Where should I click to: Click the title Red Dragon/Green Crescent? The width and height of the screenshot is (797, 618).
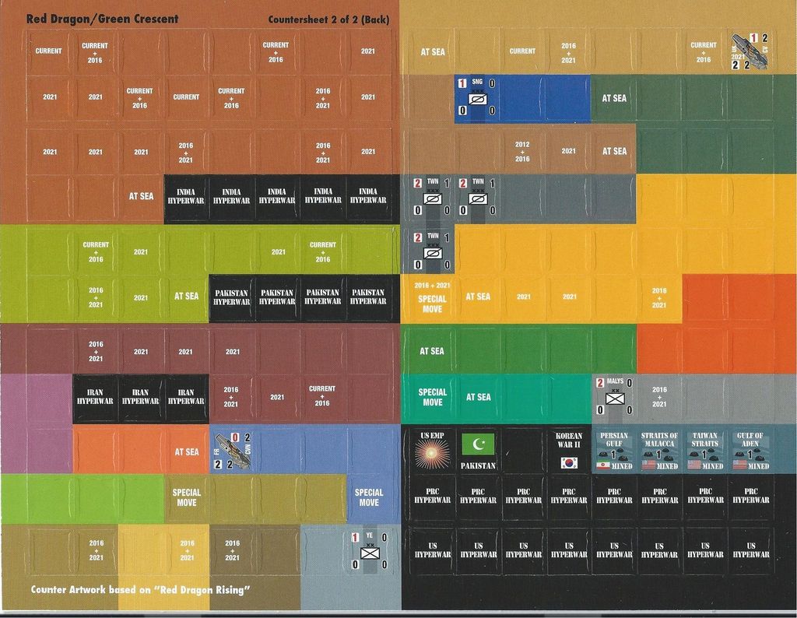[x=102, y=19]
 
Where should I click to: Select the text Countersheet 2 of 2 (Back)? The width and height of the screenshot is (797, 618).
[x=328, y=19]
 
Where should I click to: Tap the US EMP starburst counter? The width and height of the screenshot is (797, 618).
[x=431, y=450]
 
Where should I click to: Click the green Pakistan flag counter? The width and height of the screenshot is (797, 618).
[x=478, y=450]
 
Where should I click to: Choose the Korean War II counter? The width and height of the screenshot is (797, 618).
[x=569, y=450]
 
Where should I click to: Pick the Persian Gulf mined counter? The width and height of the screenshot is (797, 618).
[x=614, y=450]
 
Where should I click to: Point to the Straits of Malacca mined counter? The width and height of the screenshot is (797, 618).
[x=659, y=450]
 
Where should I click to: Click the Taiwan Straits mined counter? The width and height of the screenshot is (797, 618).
[x=705, y=450]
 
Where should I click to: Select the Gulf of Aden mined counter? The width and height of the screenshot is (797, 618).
[x=750, y=450]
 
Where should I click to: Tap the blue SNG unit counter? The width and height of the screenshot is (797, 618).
[x=477, y=97]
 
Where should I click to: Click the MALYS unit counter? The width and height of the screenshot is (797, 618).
[x=614, y=396]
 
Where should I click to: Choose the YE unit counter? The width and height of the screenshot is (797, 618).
[x=369, y=550]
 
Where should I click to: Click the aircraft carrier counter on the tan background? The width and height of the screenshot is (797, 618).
[x=750, y=51]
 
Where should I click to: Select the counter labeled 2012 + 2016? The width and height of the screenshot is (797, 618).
[x=522, y=151]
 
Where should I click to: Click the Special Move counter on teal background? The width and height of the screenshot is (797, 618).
[x=432, y=397]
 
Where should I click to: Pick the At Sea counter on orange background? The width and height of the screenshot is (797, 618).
[x=187, y=451]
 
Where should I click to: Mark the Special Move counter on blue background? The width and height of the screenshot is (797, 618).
[x=369, y=497]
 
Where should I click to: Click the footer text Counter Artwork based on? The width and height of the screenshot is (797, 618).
[x=140, y=589]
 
